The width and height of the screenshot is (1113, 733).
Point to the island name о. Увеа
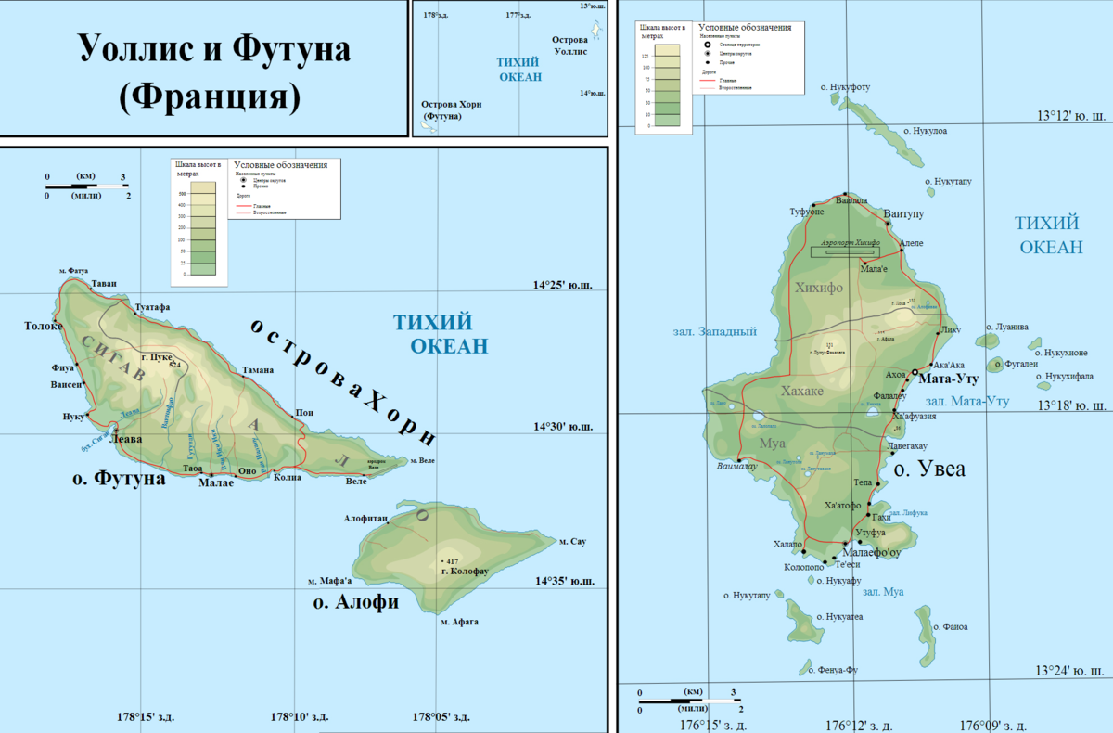[x=928, y=469]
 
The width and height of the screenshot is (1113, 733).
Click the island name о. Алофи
[x=355, y=602]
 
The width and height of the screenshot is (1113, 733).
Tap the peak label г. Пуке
[x=159, y=355]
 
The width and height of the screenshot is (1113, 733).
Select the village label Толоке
[x=44, y=326]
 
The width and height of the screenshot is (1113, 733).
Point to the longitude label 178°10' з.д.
[x=299, y=717]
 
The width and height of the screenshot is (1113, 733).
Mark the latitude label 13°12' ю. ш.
[x=1070, y=116]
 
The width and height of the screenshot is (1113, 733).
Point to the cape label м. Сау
[x=572, y=540]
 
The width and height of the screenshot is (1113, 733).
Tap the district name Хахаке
[x=801, y=392]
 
